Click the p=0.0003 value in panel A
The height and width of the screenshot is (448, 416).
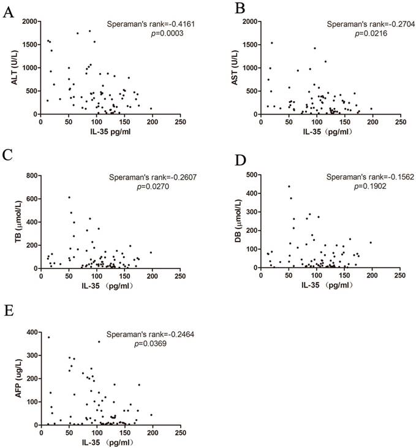[x=153, y=34]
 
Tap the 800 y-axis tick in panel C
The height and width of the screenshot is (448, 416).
[x=31, y=175]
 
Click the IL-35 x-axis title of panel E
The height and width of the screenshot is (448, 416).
[x=93, y=442]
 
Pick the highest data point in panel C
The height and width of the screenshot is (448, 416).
[x=69, y=197]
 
